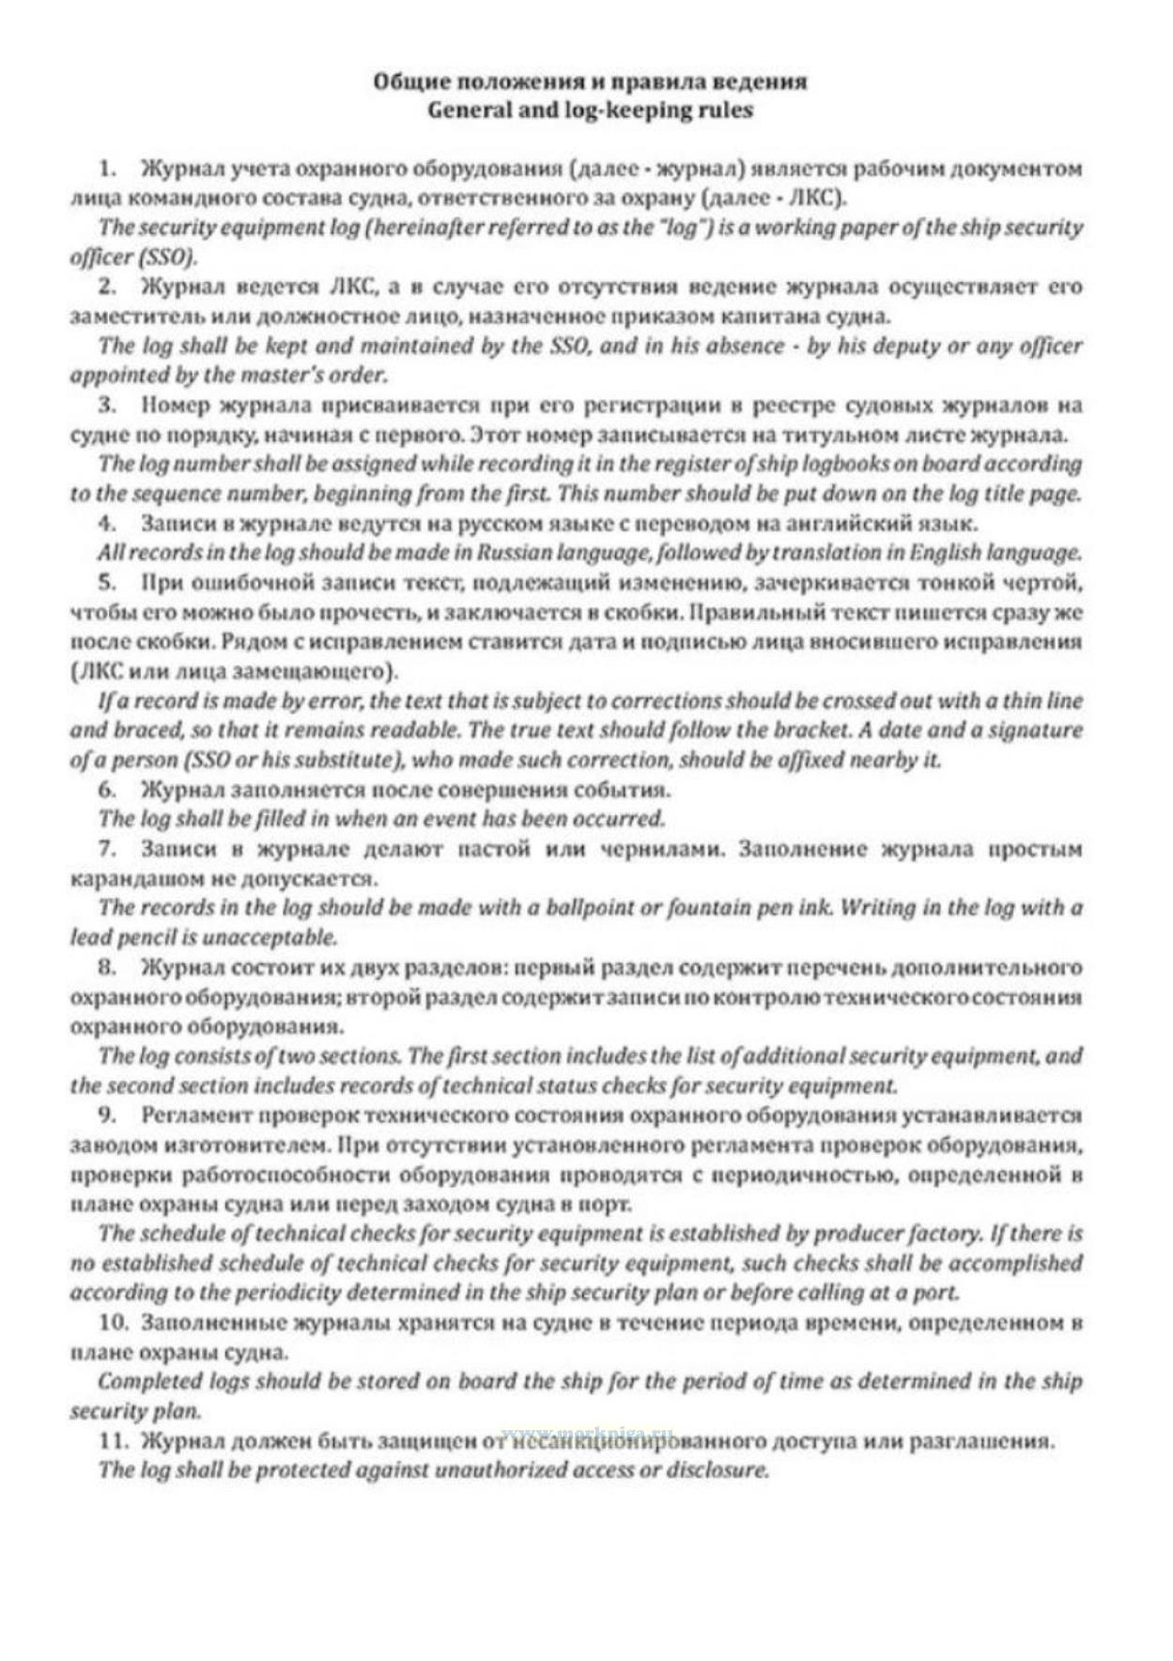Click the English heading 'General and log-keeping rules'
(x=590, y=110)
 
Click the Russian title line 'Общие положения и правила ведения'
(x=590, y=81)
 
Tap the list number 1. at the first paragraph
(x=108, y=169)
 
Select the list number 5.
(x=108, y=583)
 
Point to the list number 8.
(x=108, y=966)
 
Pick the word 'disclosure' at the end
(x=720, y=1469)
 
